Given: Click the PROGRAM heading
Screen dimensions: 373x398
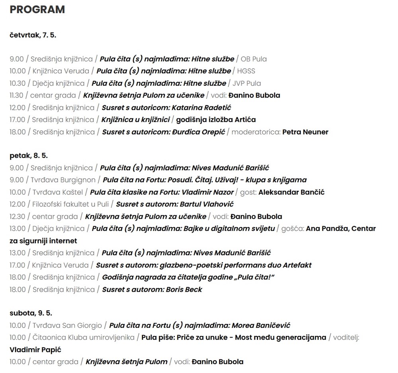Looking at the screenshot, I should [x=37, y=10].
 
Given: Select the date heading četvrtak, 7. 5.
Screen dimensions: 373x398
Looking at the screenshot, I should [x=33, y=35].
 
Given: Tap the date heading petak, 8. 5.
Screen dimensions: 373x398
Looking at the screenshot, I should [x=29, y=155].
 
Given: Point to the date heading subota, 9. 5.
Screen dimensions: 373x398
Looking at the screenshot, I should [x=31, y=313].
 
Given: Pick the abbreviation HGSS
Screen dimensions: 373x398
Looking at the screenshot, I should [x=246, y=71].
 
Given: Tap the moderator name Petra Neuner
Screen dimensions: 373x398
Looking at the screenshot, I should [x=305, y=132].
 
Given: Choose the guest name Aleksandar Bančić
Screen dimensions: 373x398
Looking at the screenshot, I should [x=291, y=192].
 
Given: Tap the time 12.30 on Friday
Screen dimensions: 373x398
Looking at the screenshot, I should [x=17, y=216].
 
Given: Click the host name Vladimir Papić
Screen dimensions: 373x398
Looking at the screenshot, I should [x=35, y=350].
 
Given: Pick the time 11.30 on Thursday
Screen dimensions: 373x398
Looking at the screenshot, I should [x=17, y=95].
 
